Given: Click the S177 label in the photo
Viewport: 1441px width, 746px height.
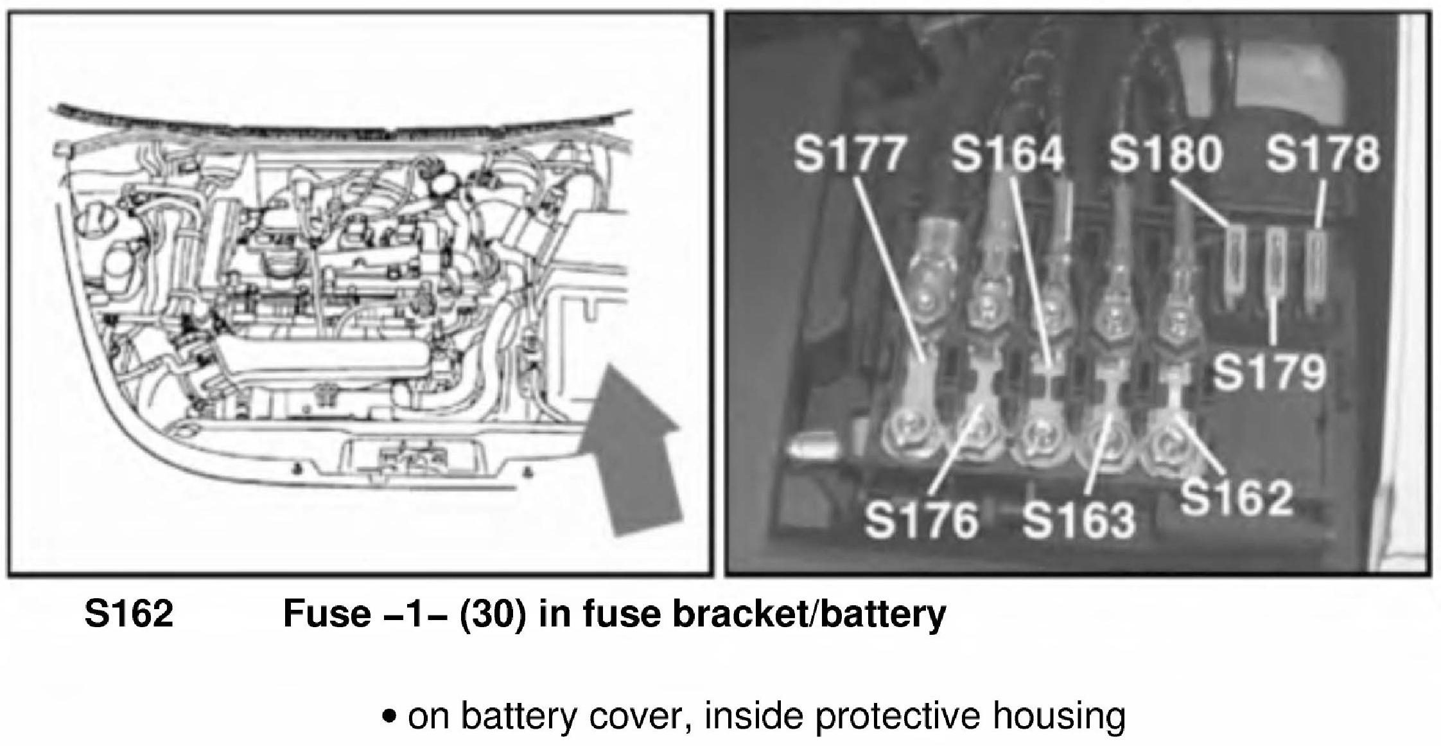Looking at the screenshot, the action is click(849, 154).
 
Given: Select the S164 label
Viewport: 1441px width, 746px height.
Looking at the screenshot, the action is click(1006, 154).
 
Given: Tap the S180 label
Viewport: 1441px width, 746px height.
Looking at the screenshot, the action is click(1165, 154).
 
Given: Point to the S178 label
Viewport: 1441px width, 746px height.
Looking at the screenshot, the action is click(1322, 154).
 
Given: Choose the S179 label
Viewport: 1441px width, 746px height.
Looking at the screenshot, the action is click(1270, 373).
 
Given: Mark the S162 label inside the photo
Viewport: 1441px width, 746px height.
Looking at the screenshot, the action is click(1236, 498).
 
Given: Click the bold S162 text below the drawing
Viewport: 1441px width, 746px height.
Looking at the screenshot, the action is click(129, 614).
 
